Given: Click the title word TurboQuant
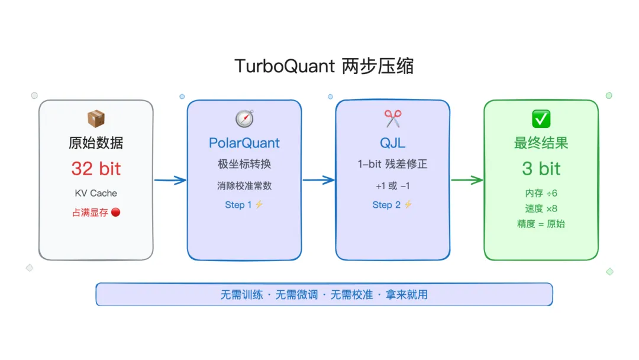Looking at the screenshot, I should (x=285, y=66).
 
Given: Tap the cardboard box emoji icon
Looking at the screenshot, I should (x=96, y=118).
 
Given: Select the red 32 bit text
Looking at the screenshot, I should (x=96, y=169).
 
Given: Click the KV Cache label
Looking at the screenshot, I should (x=96, y=193).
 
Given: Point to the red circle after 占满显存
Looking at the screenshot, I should (x=115, y=212).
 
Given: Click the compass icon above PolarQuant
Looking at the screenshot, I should (x=244, y=118).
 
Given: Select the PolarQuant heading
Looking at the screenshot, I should (x=244, y=143).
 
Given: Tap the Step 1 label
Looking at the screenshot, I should (x=238, y=205).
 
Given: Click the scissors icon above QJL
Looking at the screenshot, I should (x=393, y=118).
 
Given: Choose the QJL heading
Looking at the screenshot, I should (x=393, y=143).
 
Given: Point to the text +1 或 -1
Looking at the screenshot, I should (x=393, y=186).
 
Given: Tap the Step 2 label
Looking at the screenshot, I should (x=386, y=205).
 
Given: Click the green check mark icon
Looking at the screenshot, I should (x=541, y=118).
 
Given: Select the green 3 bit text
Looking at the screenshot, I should (x=541, y=169).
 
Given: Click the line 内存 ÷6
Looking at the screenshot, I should (x=541, y=193).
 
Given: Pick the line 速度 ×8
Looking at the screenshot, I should (x=541, y=208).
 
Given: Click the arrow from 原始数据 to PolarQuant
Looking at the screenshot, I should (x=170, y=181).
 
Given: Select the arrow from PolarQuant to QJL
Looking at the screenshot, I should (x=318, y=181).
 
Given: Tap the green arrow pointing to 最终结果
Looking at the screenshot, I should (x=467, y=181).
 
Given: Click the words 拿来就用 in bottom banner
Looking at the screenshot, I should (x=408, y=294).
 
